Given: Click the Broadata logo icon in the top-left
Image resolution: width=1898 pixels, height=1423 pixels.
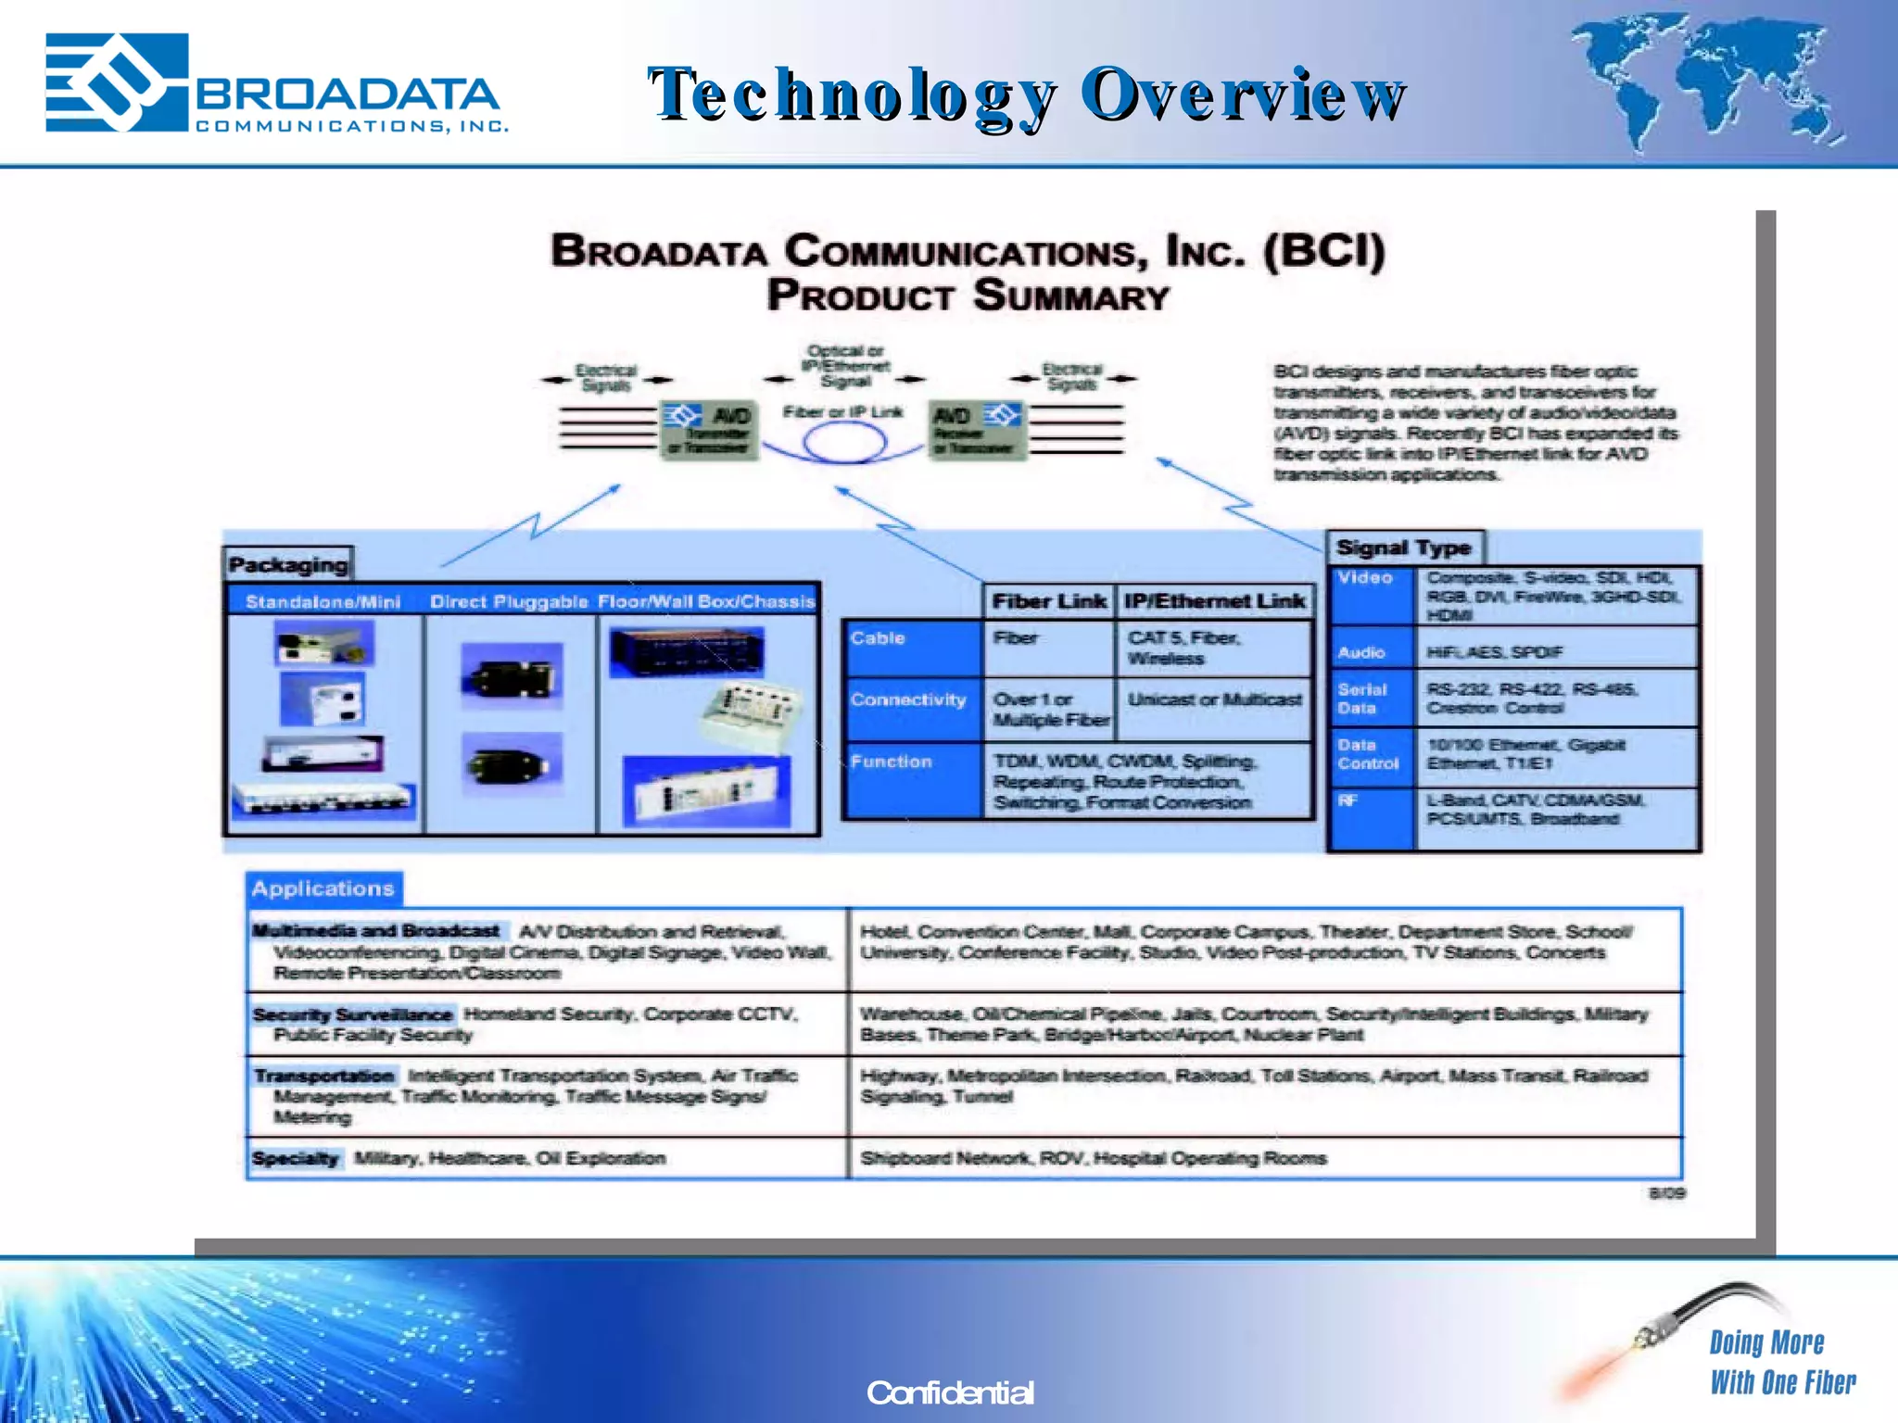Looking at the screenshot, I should (117, 82).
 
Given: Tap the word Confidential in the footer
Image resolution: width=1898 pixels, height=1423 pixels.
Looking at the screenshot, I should (949, 1392).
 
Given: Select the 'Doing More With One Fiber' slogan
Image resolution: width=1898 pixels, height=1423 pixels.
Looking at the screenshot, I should (1781, 1363).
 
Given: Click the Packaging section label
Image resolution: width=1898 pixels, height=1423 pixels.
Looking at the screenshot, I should (288, 564).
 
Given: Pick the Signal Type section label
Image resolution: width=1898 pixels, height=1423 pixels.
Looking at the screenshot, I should (1403, 548).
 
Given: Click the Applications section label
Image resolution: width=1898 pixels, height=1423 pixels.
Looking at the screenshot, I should (323, 888).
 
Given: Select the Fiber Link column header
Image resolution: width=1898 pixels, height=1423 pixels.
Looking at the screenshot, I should (1048, 601).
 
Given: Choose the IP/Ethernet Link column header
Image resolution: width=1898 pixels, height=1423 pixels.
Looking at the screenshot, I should (1214, 601).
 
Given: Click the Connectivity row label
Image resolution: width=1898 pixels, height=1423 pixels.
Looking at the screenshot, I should (908, 700).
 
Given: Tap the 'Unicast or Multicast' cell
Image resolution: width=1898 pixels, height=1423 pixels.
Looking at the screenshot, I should (1214, 700).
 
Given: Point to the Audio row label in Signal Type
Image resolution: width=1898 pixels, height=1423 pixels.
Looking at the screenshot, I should (1360, 652).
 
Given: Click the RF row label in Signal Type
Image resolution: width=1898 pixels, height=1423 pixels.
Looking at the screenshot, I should (1348, 800).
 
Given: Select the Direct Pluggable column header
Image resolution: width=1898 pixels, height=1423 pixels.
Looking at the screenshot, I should (509, 601).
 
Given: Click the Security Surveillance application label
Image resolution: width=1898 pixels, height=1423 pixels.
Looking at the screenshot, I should (352, 1014).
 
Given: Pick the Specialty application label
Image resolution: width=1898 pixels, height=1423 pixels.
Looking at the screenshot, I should (296, 1158).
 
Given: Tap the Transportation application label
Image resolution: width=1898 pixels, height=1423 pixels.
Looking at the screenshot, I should (324, 1076).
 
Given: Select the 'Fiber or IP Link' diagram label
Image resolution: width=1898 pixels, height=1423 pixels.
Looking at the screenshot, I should (841, 411).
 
